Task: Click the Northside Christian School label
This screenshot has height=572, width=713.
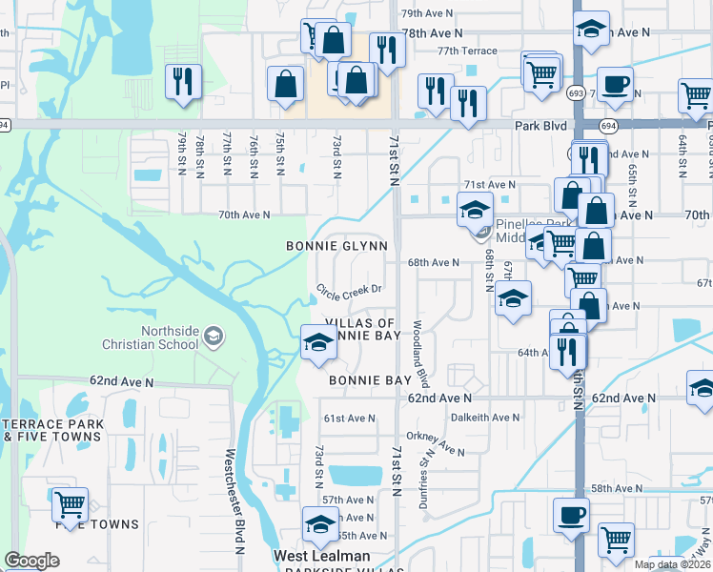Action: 172,337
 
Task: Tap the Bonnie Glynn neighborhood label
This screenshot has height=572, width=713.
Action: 337,246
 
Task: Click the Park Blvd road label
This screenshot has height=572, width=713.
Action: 540,126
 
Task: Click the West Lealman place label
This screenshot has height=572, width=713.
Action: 321,556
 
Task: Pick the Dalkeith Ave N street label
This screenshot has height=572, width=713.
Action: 485,417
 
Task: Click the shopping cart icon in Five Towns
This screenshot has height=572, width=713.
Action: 70,504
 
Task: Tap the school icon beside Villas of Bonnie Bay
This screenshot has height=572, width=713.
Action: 318,342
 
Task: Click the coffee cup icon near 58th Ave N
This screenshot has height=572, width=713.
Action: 571,514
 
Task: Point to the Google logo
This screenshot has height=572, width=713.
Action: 31,561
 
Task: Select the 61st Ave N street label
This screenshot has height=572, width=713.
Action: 349,419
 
